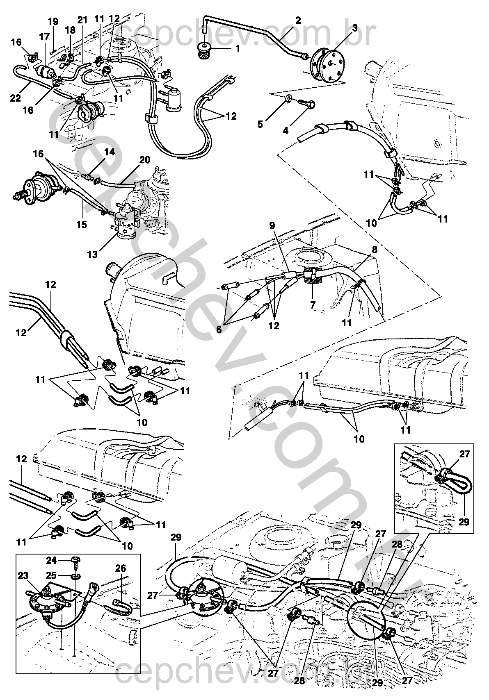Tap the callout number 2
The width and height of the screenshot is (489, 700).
[298, 20]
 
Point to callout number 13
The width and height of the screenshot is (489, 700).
[92, 255]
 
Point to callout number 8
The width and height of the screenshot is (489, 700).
[375, 248]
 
